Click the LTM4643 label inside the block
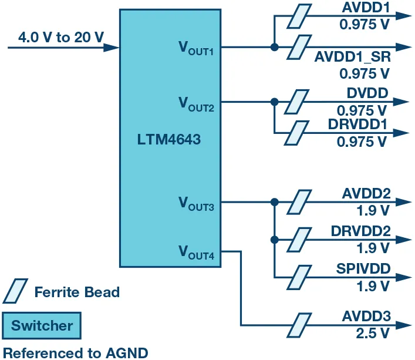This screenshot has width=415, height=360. pyautogui.click(x=169, y=141)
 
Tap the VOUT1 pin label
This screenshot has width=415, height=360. pyautogui.click(x=196, y=48)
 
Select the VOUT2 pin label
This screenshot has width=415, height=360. pyautogui.click(x=196, y=103)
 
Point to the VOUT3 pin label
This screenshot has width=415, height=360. pyautogui.click(x=196, y=203)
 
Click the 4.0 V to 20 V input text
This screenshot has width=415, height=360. pyautogui.click(x=60, y=37)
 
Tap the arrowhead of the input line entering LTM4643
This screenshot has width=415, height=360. pyautogui.click(x=113, y=48)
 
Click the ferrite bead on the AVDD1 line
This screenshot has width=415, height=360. pyautogui.click(x=299, y=16)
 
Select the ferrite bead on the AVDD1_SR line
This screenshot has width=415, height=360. pyautogui.click(x=299, y=48)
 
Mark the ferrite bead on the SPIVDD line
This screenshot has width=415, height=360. pyautogui.click(x=299, y=276)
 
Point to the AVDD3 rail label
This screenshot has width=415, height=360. pyautogui.click(x=366, y=317)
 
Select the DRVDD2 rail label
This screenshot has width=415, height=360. pyautogui.click(x=360, y=231)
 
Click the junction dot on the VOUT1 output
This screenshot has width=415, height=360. pyautogui.click(x=274, y=48)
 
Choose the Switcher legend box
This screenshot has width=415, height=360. pyautogui.click(x=42, y=326)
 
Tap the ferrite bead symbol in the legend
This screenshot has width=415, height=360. pyautogui.click(x=16, y=291)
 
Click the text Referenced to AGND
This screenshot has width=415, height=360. pyautogui.click(x=76, y=352)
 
